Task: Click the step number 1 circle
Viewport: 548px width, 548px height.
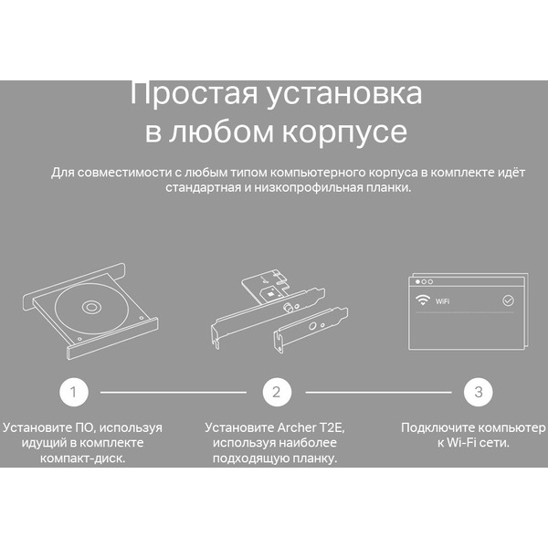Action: (74, 393)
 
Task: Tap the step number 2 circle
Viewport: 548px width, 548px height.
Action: (276, 393)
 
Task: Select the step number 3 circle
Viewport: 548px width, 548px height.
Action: (478, 393)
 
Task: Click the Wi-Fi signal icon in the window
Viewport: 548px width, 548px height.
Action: (422, 300)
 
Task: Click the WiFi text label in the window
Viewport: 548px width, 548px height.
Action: (443, 300)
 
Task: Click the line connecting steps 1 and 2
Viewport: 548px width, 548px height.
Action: (173, 393)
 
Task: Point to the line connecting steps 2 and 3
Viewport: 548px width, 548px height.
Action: (378, 393)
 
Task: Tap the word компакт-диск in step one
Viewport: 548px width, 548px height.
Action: (83, 458)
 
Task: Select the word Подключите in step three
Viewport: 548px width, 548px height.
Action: (437, 427)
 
